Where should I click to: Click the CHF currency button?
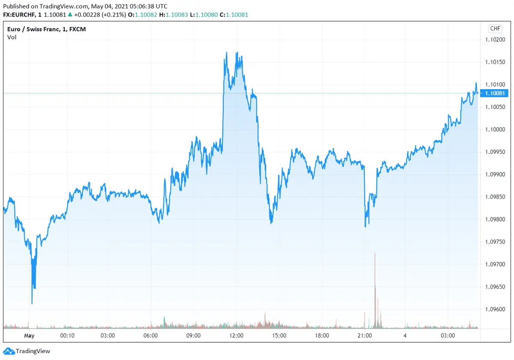click(495, 29)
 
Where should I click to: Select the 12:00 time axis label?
click(236, 336)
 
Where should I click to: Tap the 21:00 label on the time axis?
click(365, 336)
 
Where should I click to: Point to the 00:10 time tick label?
click(68, 336)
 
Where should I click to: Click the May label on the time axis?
click(29, 336)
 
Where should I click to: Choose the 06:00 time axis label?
click(151, 336)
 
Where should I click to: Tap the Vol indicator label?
click(12, 37)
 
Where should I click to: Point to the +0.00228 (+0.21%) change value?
click(99, 15)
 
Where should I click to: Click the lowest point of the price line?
click(32, 303)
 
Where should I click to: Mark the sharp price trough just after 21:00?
click(365, 226)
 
